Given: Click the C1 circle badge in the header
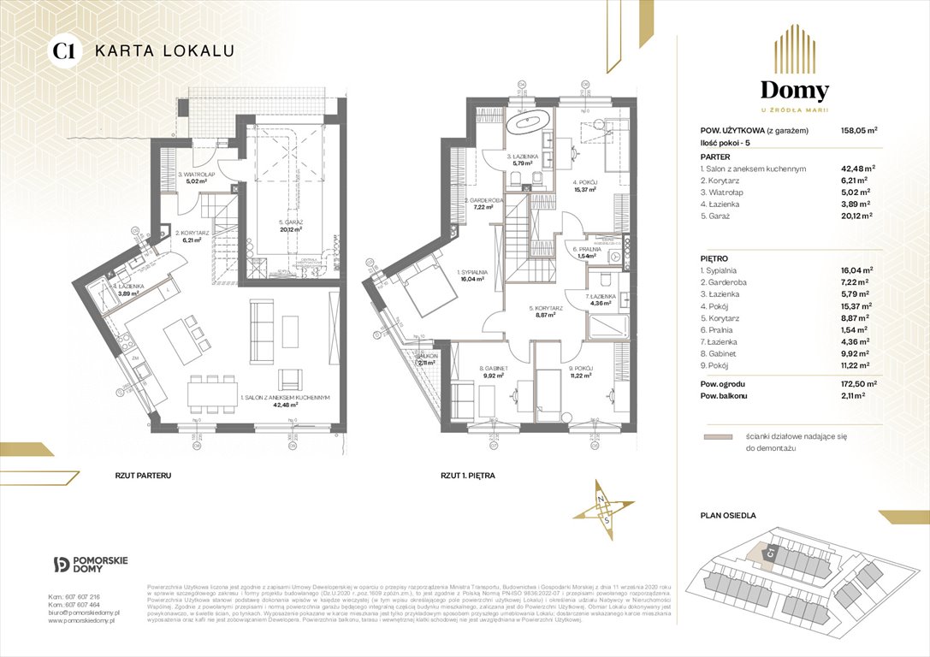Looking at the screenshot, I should click(62, 50).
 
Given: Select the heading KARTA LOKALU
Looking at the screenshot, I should click(163, 50).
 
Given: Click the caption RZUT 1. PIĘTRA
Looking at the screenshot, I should click(467, 474).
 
